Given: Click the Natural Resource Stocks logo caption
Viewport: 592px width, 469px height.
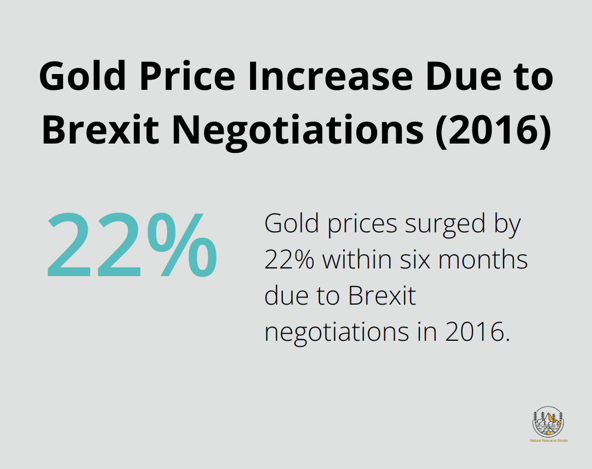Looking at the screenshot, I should (x=548, y=441).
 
